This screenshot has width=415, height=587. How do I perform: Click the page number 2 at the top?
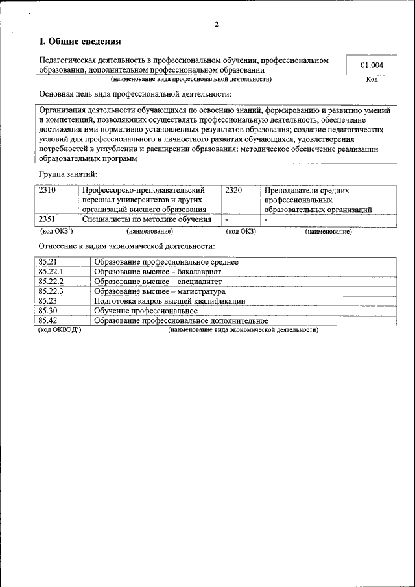(x=217, y=25)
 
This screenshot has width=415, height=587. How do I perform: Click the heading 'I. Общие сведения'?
(x=80, y=42)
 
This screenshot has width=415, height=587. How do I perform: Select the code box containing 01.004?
(x=372, y=65)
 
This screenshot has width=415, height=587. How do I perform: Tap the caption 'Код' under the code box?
(x=372, y=80)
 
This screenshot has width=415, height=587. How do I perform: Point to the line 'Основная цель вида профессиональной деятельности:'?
(x=136, y=94)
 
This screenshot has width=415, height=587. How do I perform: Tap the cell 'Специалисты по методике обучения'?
(x=147, y=219)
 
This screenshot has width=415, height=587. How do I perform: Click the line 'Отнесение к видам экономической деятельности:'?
(x=127, y=246)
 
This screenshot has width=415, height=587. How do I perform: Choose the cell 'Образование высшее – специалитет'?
(x=158, y=282)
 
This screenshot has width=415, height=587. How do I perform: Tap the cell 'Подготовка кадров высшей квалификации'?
(x=170, y=301)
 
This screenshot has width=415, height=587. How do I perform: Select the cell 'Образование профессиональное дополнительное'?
(x=181, y=320)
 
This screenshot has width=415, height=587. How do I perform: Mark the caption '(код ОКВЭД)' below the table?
(x=60, y=329)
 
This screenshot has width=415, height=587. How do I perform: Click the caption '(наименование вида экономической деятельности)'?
(x=243, y=330)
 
